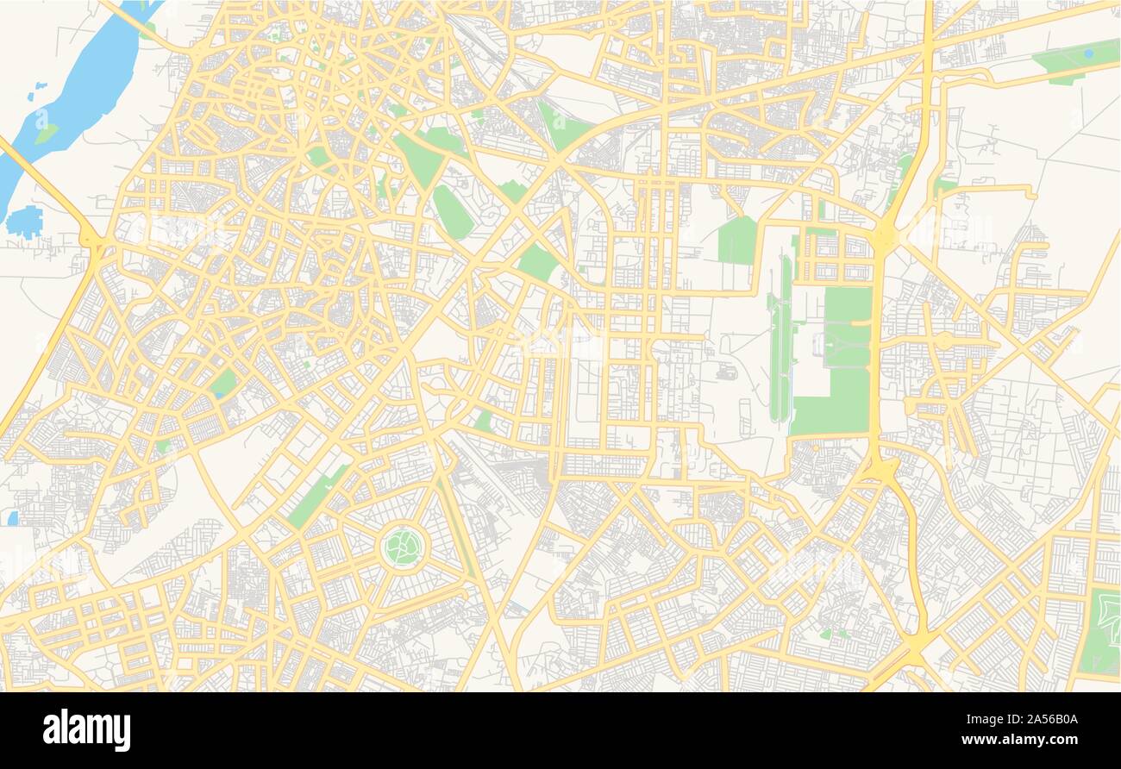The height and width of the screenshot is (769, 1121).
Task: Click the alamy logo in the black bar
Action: tap(87, 729)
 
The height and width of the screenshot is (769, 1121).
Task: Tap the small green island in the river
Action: tap(46, 134)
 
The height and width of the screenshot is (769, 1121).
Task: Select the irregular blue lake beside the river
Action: tap(24, 222)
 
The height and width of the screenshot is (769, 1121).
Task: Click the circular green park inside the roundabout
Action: tap(403, 546)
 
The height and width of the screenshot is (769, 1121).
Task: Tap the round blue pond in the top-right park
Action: tap(1088, 53)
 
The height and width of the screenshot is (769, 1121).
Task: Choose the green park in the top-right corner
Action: tap(1074, 60)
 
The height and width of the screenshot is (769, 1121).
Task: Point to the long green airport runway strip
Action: tap(781, 345)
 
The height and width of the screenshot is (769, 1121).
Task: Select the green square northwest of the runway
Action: tap(737, 241)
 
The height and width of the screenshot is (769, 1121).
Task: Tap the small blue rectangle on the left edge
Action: tap(12, 518)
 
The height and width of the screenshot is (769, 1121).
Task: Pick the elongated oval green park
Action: tap(452, 212)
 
